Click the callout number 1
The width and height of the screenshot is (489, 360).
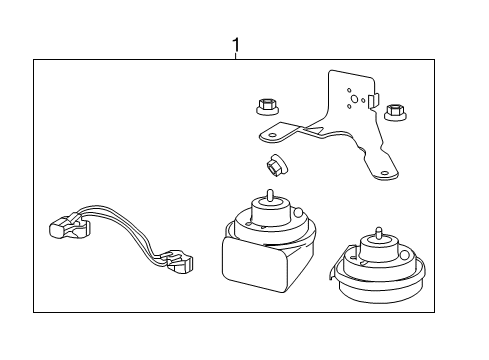[x=236, y=45]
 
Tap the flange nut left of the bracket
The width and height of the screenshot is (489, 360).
[x=268, y=103]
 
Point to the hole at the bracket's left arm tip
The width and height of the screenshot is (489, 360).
[x=268, y=134]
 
